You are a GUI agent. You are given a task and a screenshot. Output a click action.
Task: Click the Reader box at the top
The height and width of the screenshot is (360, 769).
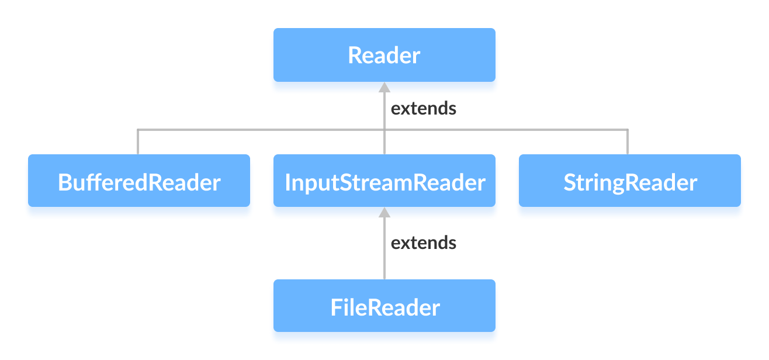[384, 55]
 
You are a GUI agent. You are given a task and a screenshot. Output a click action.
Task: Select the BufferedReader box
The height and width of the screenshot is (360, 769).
[139, 181]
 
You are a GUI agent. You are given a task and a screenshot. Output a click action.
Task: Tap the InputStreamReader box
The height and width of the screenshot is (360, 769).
[384, 181]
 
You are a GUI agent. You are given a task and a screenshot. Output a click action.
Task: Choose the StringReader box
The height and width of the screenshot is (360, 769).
[629, 181]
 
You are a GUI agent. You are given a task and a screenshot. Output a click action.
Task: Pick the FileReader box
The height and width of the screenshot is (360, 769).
[384, 306]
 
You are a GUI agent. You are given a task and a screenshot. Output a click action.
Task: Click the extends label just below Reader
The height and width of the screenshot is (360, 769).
[423, 109]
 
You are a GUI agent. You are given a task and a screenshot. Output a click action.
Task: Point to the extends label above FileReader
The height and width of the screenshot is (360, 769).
[423, 243]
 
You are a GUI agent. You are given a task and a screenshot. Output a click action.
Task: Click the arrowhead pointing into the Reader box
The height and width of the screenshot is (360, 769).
[384, 87]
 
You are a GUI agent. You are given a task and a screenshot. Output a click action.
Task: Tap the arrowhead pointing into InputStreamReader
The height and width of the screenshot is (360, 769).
[384, 213]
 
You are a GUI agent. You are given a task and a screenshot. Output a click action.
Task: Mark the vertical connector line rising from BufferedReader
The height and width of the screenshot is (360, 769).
[138, 142]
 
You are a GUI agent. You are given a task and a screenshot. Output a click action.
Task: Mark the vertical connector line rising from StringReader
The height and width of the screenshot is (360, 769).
[628, 142]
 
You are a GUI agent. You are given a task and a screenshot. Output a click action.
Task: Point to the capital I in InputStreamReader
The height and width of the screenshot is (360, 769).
[287, 182]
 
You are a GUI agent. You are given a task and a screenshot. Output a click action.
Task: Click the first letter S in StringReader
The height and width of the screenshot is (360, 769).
[570, 182]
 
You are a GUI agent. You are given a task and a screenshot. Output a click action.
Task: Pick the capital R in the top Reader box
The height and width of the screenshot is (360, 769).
[354, 56]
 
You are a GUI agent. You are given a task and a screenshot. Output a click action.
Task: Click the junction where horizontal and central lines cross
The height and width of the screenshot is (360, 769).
[384, 130]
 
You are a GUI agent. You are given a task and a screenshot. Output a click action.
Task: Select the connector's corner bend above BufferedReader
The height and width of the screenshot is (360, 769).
[138, 130]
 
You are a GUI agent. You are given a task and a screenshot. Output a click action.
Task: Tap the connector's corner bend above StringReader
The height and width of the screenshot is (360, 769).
[628, 130]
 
